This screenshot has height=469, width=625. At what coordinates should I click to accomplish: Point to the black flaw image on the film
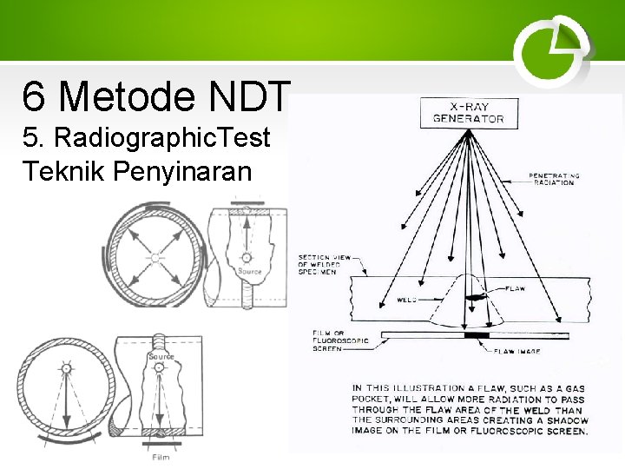pos(477,334)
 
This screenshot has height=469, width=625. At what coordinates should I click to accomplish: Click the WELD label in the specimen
pos(406,299)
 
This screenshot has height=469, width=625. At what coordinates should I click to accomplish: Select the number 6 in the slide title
pos(34,96)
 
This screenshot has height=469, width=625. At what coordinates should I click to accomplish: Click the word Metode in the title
pos(125,96)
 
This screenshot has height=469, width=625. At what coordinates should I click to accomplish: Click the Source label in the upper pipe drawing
pos(250,272)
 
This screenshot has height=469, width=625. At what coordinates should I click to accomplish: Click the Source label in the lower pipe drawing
pos(161,356)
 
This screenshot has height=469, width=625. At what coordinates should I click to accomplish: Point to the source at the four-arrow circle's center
pos(155,256)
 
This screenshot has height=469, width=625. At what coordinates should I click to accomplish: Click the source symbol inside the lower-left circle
pos(65,369)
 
